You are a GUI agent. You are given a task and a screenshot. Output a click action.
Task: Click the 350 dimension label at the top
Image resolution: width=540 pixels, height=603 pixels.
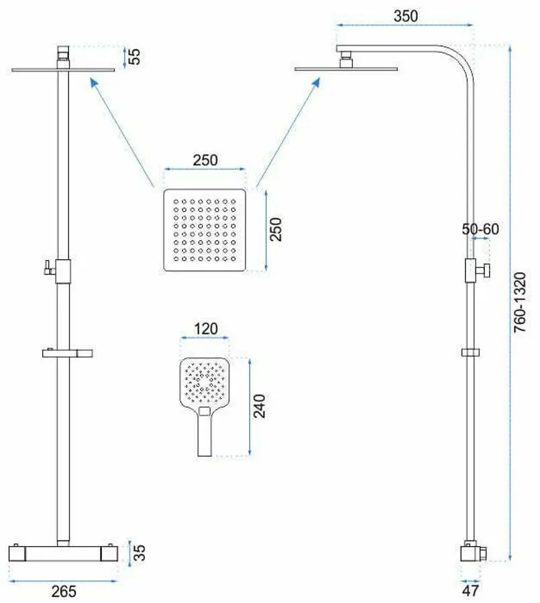click(x=406, y=16)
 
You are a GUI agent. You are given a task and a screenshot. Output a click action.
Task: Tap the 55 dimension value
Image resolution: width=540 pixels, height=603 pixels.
click(x=134, y=57)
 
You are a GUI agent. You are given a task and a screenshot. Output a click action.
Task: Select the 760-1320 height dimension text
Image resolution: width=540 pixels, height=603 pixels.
click(x=520, y=302)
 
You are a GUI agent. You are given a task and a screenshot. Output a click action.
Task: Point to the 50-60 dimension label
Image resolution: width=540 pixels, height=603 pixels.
click(x=480, y=229)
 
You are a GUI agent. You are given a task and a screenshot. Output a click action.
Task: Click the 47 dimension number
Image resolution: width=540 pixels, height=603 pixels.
click(x=470, y=591)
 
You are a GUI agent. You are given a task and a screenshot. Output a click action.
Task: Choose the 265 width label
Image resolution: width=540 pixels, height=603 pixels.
click(x=64, y=592)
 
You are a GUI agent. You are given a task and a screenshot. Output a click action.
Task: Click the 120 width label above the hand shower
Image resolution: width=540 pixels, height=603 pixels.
click(x=206, y=329)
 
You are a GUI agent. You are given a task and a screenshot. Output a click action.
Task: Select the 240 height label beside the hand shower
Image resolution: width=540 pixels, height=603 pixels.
click(x=259, y=406)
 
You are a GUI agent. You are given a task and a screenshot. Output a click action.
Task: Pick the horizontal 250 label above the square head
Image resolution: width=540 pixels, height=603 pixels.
click(x=205, y=160)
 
